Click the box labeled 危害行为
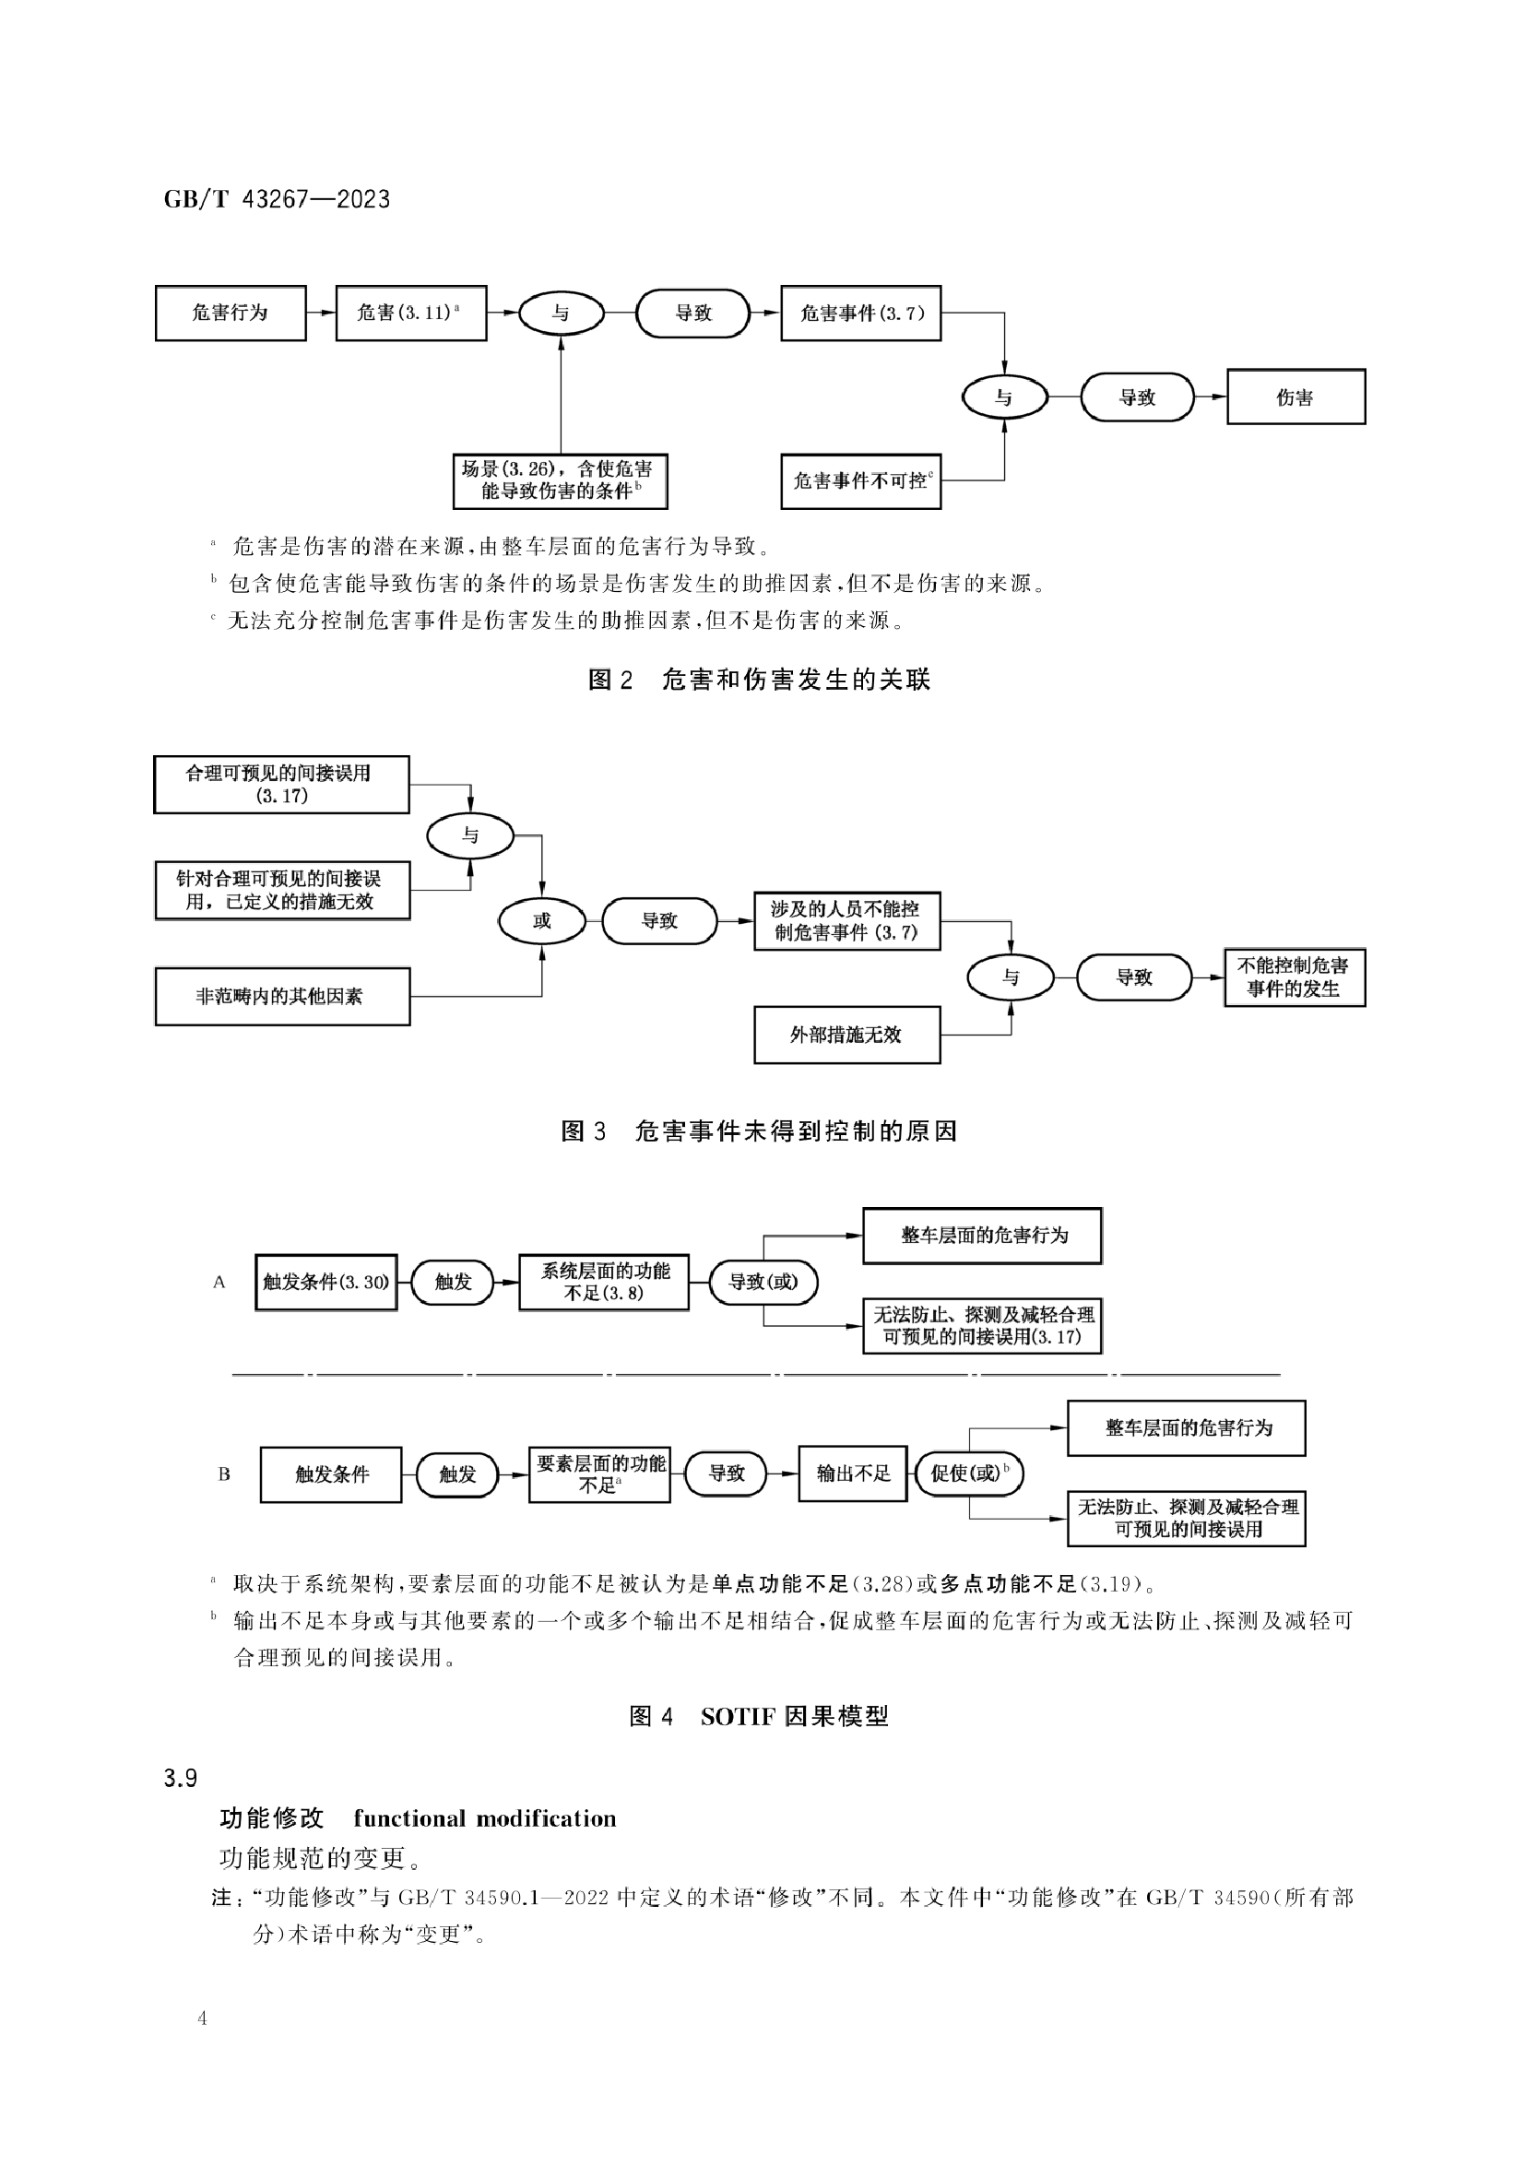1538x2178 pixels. pyautogui.click(x=231, y=313)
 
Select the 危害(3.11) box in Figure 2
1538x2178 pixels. pyautogui.click(x=411, y=313)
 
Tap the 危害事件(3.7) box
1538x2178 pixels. pyautogui.click(x=860, y=313)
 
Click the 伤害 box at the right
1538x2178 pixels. pyautogui.click(x=1295, y=397)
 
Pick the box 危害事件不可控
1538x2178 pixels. pyautogui.click(x=860, y=481)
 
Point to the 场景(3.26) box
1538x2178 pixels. pyautogui.click(x=560, y=481)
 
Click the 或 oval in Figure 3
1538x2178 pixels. pyautogui.click(x=542, y=920)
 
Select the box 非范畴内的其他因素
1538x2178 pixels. pyautogui.click(x=282, y=996)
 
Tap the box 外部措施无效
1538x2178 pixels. pyautogui.click(x=846, y=1035)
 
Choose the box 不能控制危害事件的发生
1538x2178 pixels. pyautogui.click(x=1295, y=977)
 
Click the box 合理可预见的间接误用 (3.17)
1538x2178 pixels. pyautogui.click(x=281, y=785)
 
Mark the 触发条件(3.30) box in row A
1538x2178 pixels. pyautogui.click(x=325, y=1283)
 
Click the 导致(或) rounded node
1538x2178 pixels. pyautogui.click(x=763, y=1283)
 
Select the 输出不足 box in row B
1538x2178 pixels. pyautogui.click(x=853, y=1474)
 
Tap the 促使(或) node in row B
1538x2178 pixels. pyautogui.click(x=969, y=1474)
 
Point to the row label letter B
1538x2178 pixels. pyautogui.click(x=224, y=1474)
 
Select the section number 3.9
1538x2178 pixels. pyautogui.click(x=181, y=1778)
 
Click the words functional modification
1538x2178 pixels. pyautogui.click(x=485, y=1818)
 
